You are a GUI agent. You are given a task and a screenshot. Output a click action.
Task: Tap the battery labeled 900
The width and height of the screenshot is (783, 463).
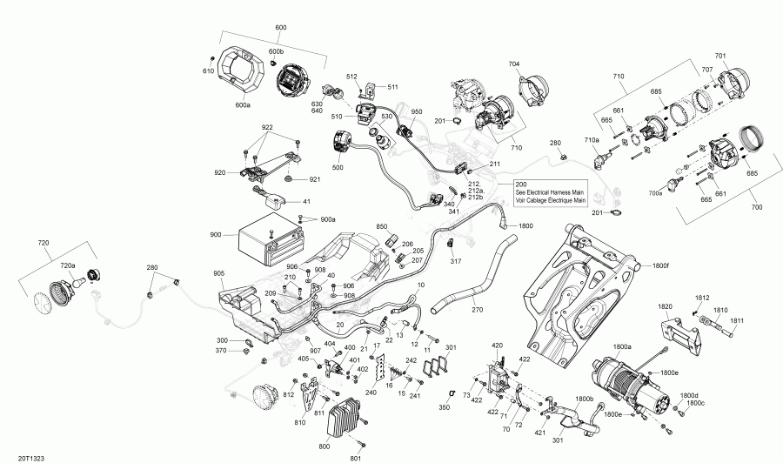click(x=267, y=237)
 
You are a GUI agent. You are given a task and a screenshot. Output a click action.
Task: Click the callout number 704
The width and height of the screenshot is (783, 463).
click(x=514, y=64)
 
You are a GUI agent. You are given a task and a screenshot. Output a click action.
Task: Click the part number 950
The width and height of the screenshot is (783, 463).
click(x=416, y=112)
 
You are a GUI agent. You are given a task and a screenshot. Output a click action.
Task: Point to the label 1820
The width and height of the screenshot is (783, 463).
click(x=665, y=306)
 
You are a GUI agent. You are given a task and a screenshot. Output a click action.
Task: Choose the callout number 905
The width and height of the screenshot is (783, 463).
click(x=219, y=273)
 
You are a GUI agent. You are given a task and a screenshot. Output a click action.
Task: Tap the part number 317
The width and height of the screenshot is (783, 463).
click(x=455, y=261)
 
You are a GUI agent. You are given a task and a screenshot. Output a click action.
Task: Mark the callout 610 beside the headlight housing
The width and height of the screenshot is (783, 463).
click(x=208, y=70)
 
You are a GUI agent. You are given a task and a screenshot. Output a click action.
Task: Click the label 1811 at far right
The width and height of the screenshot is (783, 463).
click(x=737, y=322)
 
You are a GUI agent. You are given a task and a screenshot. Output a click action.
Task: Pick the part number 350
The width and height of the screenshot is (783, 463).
click(x=444, y=407)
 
